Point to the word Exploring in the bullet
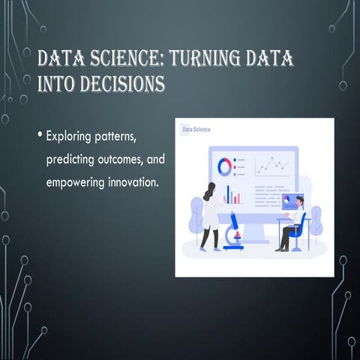click(x=71, y=138)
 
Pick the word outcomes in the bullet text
click(x=125, y=160)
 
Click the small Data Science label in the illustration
click(x=197, y=130)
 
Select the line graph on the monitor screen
click(x=271, y=163)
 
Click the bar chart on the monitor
click(x=234, y=197)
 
